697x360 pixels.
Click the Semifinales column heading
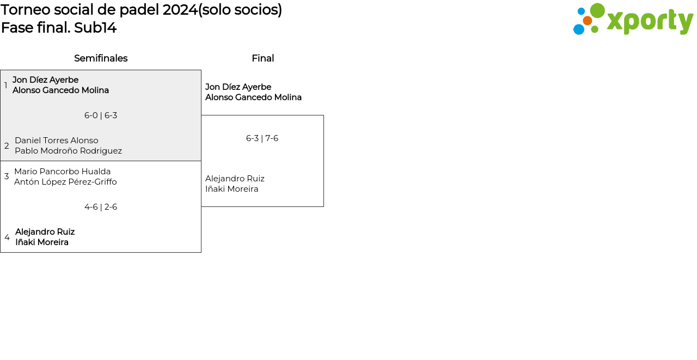(101, 58)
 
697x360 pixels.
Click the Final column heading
(262, 58)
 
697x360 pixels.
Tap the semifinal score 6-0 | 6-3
(101, 115)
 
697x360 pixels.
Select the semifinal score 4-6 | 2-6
(101, 207)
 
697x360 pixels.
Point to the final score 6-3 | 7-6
(262, 138)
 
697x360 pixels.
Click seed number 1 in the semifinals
(6, 86)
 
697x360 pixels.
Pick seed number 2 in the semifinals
(7, 146)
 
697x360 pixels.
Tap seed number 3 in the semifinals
(7, 176)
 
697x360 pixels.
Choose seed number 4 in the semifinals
(7, 237)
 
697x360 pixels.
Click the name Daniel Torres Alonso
(57, 141)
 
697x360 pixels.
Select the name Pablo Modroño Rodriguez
(68, 151)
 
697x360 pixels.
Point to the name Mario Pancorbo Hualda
(63, 172)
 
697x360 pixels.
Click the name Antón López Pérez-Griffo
(65, 182)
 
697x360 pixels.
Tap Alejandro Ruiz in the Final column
(235, 179)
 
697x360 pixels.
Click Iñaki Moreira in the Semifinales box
(42, 242)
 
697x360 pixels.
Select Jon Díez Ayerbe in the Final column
(238, 87)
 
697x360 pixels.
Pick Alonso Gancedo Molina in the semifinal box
(60, 90)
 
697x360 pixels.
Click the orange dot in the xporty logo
(588, 21)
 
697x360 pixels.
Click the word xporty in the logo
(650, 21)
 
